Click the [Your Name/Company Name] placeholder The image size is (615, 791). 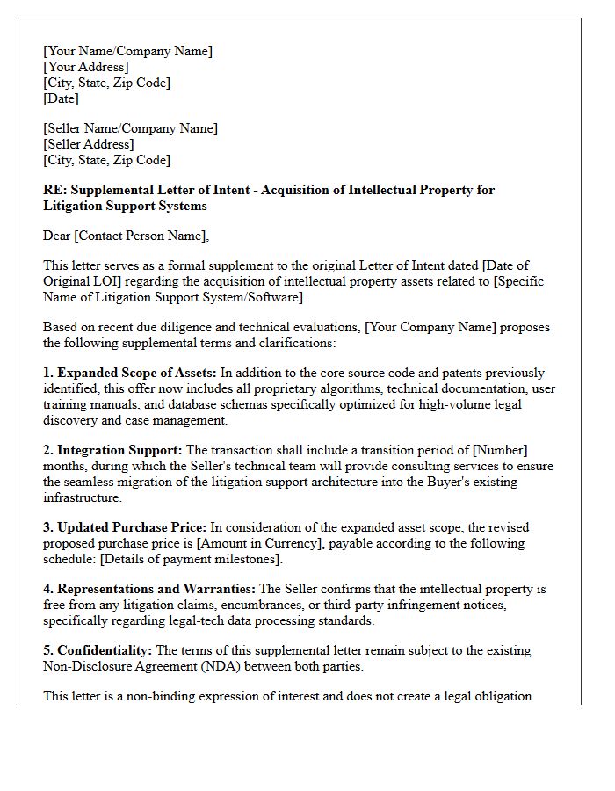point(127,51)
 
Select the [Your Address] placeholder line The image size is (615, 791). point(86,67)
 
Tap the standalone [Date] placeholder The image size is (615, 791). point(61,98)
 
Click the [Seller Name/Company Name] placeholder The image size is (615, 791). point(130,128)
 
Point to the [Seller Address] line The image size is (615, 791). point(89,144)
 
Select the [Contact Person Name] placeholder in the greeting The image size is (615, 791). point(144,236)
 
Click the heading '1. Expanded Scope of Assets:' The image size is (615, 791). point(129,373)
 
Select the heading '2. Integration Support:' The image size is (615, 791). point(113,450)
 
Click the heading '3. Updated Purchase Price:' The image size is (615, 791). point(126,527)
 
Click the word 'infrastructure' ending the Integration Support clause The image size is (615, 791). point(82,497)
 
